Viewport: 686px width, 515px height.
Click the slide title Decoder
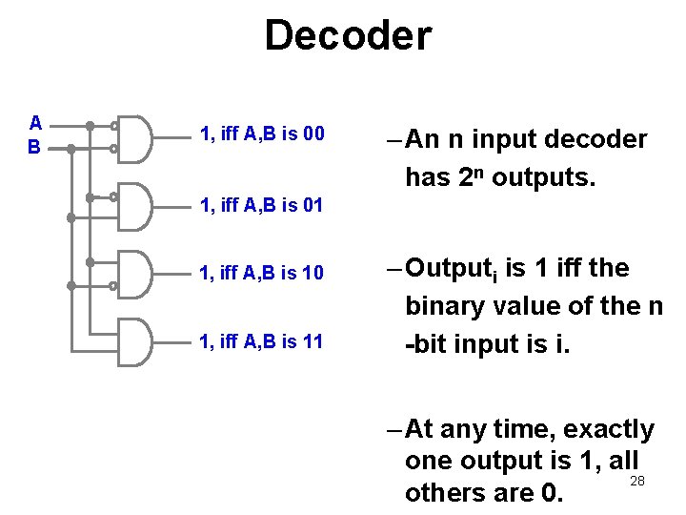348,36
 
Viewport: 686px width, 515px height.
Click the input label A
35,123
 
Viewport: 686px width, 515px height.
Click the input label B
34,147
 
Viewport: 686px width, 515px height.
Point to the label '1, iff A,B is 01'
262,205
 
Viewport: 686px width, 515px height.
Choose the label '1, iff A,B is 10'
262,275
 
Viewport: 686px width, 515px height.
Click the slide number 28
637,481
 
